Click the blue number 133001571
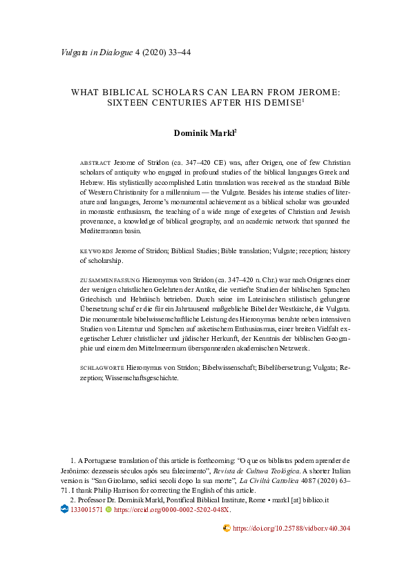tap(86, 509)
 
